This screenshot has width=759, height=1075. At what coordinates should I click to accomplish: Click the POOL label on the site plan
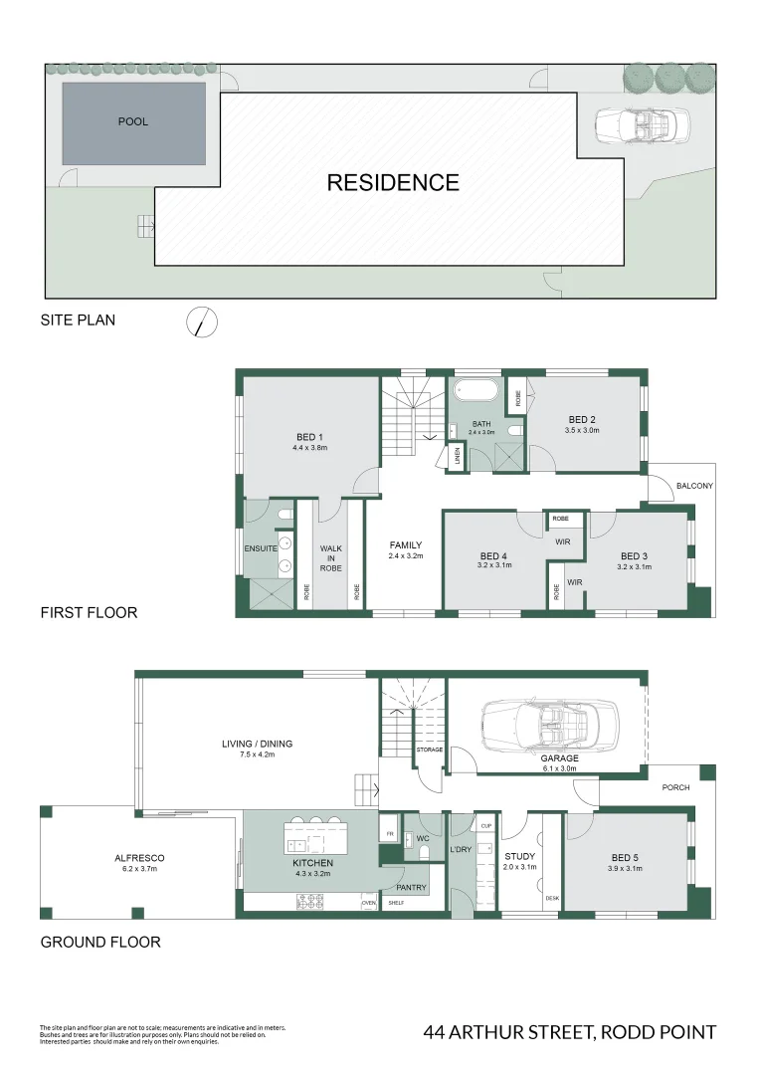click(132, 121)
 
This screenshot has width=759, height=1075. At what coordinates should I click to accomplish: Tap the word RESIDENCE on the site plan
click(393, 183)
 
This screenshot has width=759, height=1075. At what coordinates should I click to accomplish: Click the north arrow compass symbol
click(202, 322)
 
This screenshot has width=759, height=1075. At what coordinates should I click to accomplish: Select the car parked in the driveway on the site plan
click(642, 125)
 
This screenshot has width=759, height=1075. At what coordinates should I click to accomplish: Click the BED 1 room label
click(309, 437)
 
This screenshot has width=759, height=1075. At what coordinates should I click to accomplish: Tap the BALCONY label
click(693, 486)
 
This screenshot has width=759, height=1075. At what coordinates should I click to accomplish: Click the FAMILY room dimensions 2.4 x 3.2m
click(406, 557)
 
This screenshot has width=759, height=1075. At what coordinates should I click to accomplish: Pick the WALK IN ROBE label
click(331, 558)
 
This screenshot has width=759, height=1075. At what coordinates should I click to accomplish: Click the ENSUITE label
click(261, 548)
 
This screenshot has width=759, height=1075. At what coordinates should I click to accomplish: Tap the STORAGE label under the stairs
click(430, 750)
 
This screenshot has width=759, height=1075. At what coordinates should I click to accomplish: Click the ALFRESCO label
click(139, 857)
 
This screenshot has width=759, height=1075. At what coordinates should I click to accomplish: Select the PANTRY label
click(411, 887)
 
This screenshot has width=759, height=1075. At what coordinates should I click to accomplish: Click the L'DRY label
click(461, 849)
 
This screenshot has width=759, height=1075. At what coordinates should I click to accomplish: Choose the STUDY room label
click(519, 855)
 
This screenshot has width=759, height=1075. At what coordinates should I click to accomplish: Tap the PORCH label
click(675, 788)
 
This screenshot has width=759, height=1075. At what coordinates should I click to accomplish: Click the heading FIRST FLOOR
click(89, 612)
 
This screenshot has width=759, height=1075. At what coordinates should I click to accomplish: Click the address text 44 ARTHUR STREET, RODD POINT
click(569, 1032)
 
